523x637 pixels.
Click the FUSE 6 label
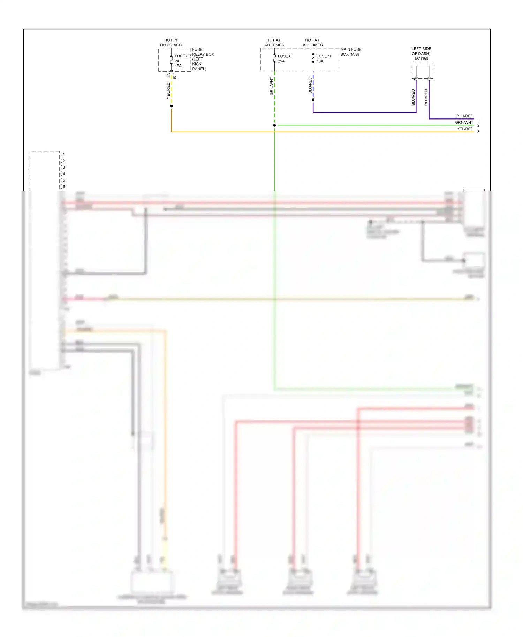(284, 56)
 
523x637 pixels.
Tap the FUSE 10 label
(324, 56)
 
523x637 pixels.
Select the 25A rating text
(281, 61)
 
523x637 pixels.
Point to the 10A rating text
(320, 61)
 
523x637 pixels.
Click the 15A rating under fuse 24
(178, 66)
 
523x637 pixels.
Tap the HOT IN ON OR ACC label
(171, 43)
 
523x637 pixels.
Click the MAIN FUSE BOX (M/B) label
(351, 52)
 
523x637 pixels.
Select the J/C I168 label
(421, 58)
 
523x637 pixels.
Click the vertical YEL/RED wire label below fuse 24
(168, 91)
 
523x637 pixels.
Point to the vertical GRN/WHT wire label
(272, 86)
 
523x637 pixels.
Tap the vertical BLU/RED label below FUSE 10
(310, 85)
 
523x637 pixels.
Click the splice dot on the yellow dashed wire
(171, 106)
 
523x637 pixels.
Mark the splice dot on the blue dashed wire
(313, 100)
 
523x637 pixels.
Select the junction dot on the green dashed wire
(274, 125)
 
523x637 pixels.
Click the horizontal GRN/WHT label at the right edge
(464, 122)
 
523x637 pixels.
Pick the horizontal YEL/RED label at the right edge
(465, 129)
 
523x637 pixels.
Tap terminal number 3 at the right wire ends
(478, 132)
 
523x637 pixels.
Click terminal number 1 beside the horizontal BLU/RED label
(479, 119)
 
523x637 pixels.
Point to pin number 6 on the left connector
(64, 187)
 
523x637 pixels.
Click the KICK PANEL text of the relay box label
(199, 66)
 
